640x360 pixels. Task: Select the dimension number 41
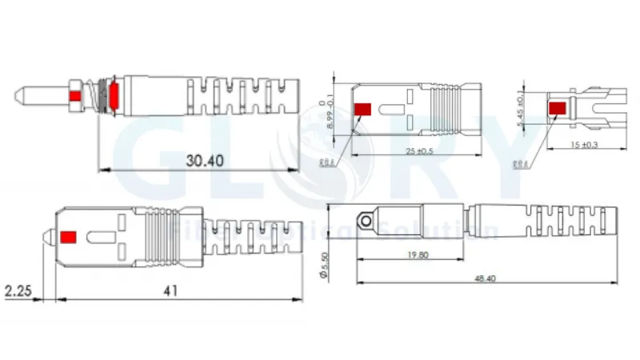click(x=170, y=291)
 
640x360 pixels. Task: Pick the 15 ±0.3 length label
click(x=586, y=144)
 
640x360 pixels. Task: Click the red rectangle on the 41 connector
click(x=68, y=237)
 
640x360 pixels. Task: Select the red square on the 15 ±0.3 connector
click(x=555, y=106)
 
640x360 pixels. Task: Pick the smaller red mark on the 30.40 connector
click(x=75, y=98)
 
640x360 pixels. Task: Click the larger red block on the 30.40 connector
click(x=114, y=94)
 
